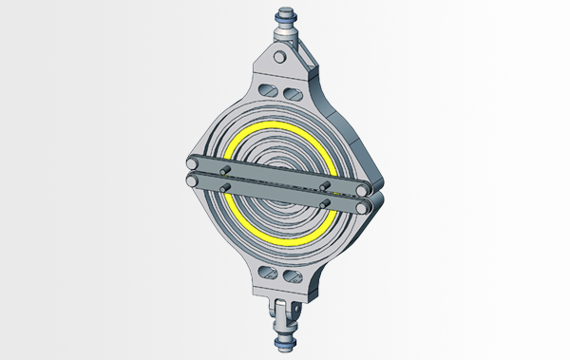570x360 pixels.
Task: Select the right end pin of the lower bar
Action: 363,205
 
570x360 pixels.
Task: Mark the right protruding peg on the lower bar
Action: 325,200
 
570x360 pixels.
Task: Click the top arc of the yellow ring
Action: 281,126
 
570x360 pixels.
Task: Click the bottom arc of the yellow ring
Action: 281,240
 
